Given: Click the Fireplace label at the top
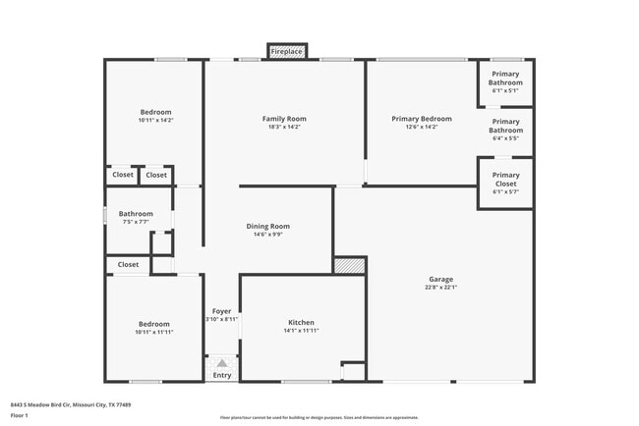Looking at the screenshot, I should click(287, 51).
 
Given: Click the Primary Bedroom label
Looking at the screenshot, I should click(422, 119).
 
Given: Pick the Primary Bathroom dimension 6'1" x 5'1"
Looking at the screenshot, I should click(505, 90).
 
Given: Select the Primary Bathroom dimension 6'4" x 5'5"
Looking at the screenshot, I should click(505, 138).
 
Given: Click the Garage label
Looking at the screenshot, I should click(440, 279).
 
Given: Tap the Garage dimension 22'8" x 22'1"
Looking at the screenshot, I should click(440, 288).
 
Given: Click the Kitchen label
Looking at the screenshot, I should click(301, 323).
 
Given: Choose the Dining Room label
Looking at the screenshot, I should click(267, 227).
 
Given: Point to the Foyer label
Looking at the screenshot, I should click(222, 311).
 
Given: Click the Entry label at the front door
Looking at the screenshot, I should click(222, 375).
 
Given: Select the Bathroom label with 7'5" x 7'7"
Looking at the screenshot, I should click(136, 213).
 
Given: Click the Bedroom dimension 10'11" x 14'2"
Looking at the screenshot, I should click(155, 120).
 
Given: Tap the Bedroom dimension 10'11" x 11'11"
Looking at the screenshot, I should click(153, 332).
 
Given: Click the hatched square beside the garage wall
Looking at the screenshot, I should click(349, 265).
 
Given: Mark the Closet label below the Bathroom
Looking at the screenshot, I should click(128, 264).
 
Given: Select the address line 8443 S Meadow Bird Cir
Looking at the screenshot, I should click(71, 404).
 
